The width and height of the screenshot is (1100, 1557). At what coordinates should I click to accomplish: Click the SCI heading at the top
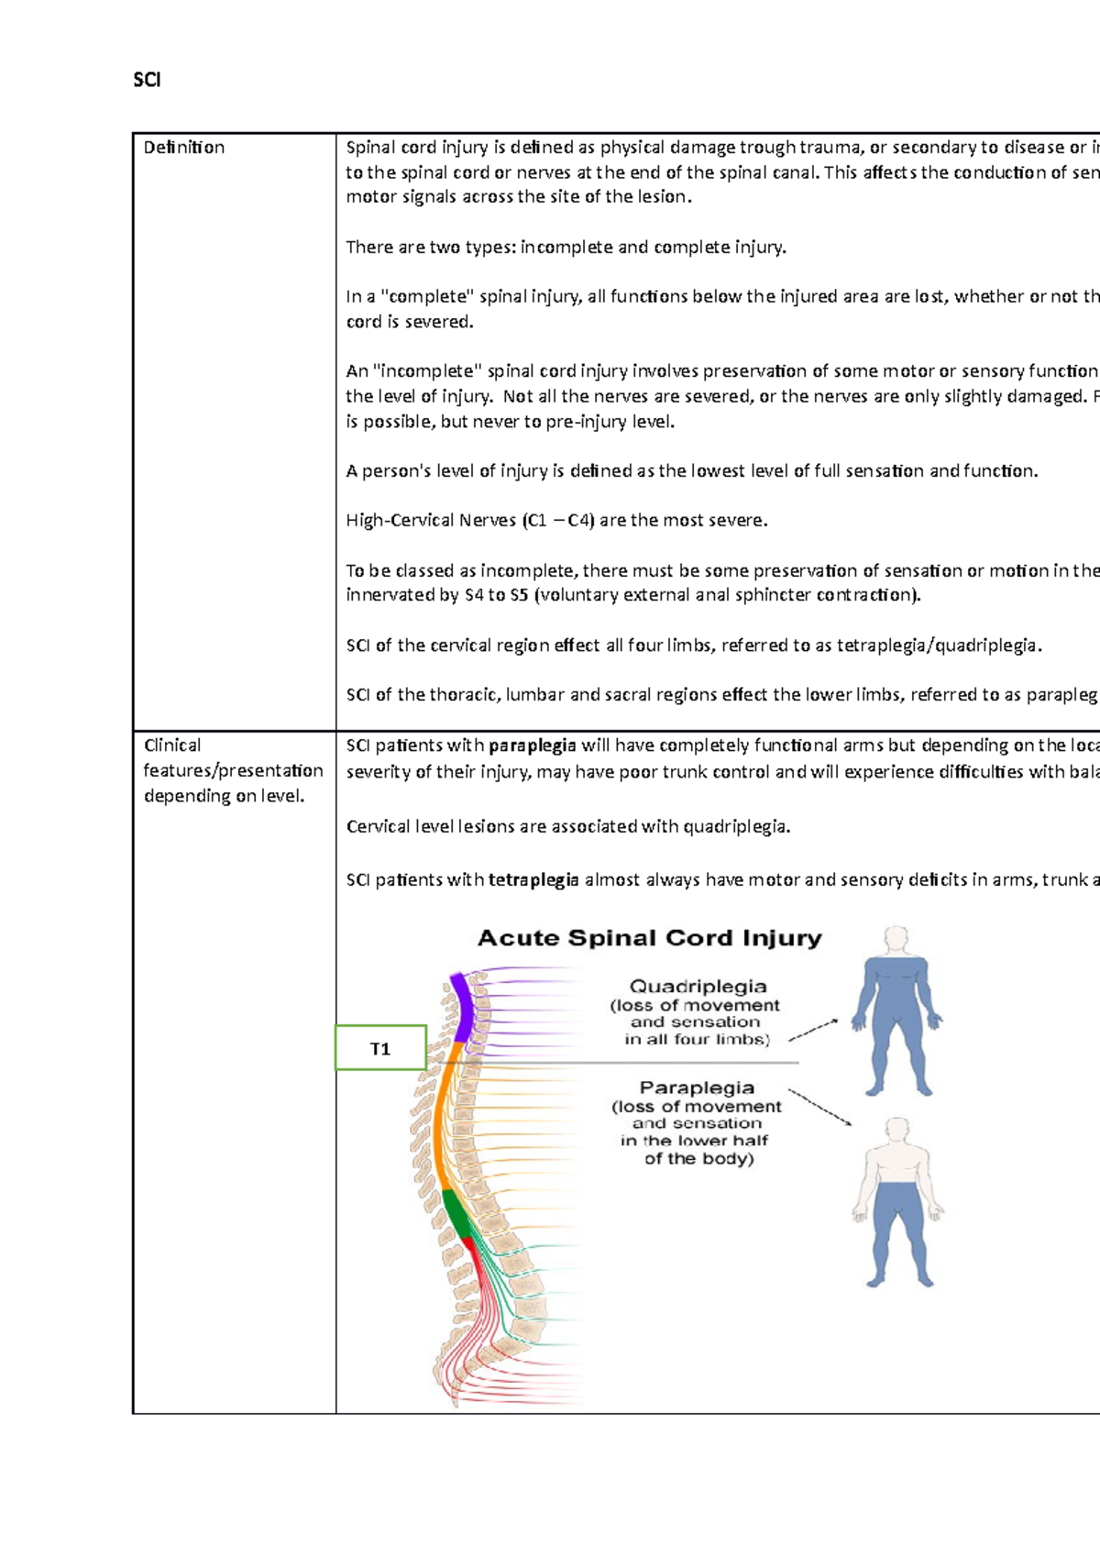[x=147, y=80]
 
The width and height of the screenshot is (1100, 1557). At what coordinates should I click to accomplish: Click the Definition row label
[x=183, y=148]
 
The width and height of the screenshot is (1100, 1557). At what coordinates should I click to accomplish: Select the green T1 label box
[x=380, y=1048]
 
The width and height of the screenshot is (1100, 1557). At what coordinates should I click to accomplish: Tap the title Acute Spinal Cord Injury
[x=649, y=938]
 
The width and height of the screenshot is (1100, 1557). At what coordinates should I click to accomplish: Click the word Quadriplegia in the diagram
[x=698, y=987]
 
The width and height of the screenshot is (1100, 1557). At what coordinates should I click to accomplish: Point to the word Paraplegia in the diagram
[x=697, y=1088]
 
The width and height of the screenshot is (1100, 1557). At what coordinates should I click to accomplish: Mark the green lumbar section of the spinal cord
[x=456, y=1213]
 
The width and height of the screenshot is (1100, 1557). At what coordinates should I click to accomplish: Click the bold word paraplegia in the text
[x=533, y=745]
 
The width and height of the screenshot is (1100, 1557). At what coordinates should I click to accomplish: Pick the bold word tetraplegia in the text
[x=533, y=880]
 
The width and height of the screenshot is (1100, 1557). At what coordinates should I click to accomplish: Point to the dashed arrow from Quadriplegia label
[x=813, y=1030]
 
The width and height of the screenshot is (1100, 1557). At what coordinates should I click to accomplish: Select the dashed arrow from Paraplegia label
[x=819, y=1108]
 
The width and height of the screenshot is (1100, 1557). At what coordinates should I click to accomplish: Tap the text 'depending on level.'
[x=224, y=796]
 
